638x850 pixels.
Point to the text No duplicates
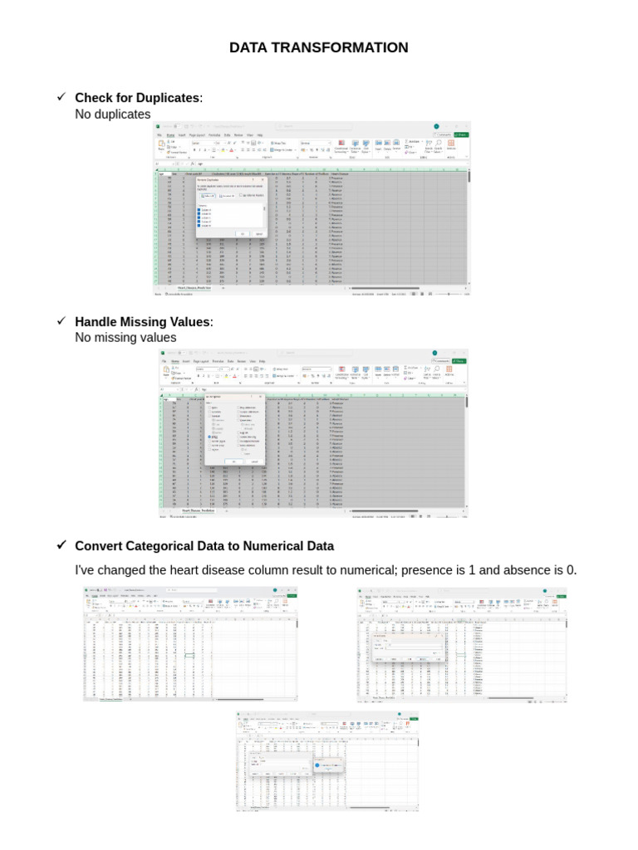point(113,115)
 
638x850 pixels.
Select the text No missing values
point(125,338)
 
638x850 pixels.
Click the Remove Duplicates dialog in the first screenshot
point(230,208)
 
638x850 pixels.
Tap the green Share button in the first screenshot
point(461,134)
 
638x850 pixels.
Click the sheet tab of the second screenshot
point(197,510)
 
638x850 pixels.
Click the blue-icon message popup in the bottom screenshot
point(329,765)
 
